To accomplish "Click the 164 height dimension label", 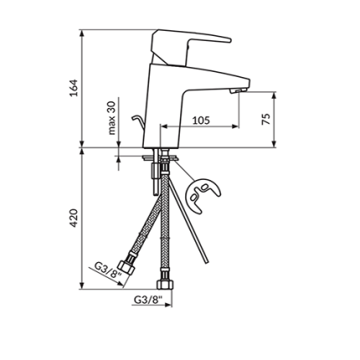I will click(x=73, y=88).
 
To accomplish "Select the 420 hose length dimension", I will click(x=73, y=219).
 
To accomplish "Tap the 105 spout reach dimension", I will click(x=201, y=121).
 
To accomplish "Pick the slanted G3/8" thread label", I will click(x=104, y=270).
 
